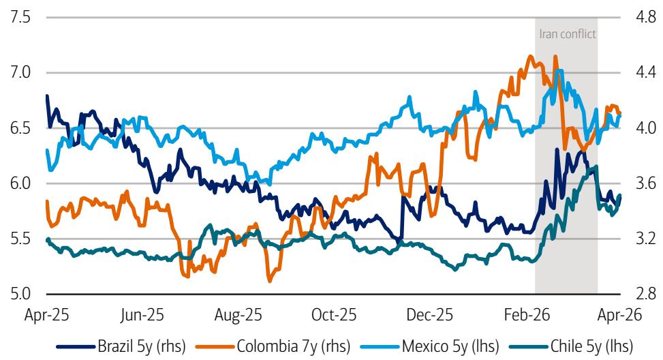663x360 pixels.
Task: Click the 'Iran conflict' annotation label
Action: click(x=567, y=33)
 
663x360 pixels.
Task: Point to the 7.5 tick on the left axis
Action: click(x=20, y=17)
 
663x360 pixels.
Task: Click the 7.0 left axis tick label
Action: click(x=20, y=72)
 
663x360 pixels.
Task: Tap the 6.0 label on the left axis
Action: click(x=20, y=183)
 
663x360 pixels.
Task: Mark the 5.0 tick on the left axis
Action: click(x=20, y=295)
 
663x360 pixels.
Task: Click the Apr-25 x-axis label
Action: click(x=46, y=315)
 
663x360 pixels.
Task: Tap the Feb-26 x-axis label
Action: click(x=525, y=315)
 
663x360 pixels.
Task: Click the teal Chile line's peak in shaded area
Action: click(x=596, y=166)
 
